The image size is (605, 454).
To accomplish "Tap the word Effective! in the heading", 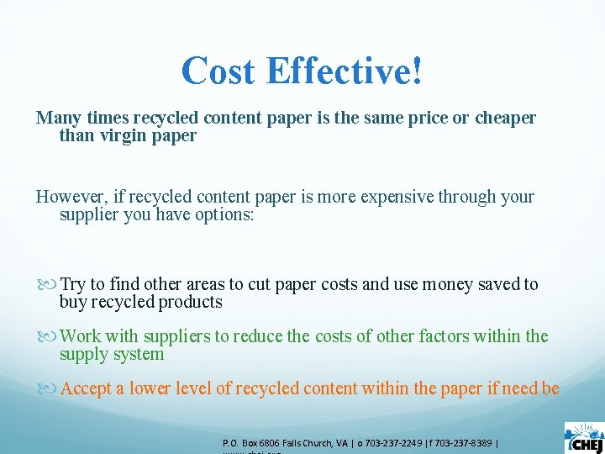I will (x=345, y=71).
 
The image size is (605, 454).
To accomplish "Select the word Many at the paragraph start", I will (x=56, y=118).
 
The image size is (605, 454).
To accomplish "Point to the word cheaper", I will (x=505, y=118).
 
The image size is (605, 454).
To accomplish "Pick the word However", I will (x=69, y=197).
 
